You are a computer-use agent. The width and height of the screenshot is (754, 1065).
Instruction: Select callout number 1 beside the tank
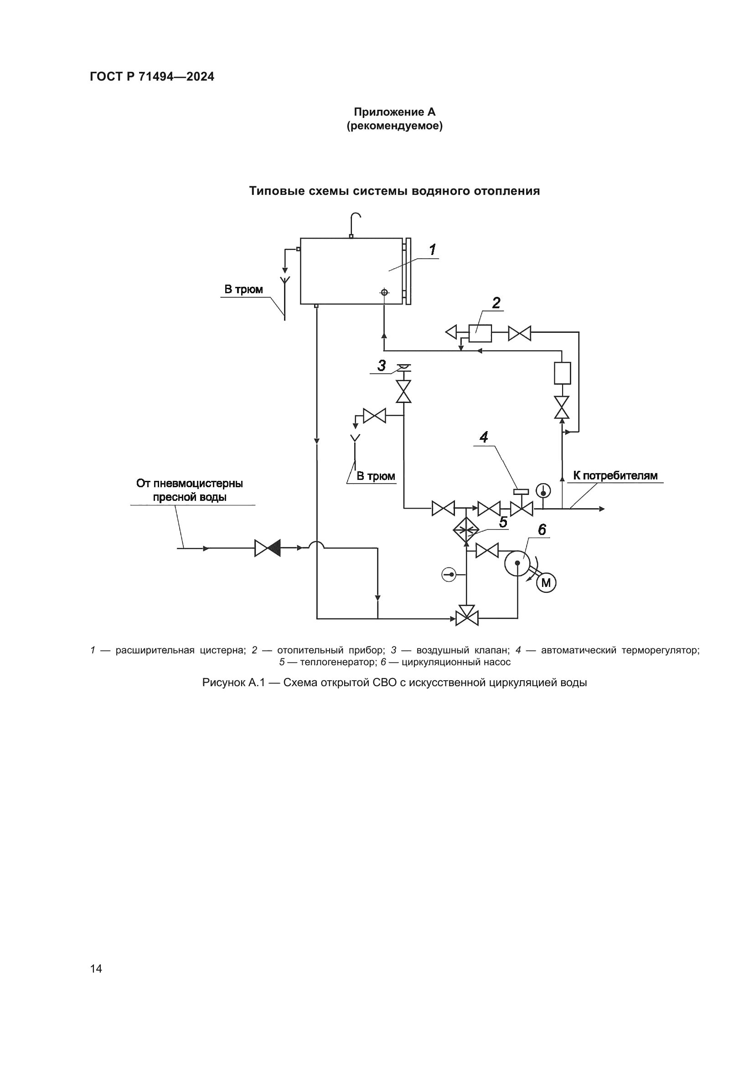tap(432, 250)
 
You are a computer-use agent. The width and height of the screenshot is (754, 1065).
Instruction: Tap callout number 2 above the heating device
tap(496, 303)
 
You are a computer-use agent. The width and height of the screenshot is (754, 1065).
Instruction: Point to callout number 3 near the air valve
tap(382, 366)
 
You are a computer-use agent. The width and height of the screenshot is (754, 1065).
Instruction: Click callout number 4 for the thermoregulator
tap(484, 437)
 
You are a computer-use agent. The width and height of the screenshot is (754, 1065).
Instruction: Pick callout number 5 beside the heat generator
tap(503, 522)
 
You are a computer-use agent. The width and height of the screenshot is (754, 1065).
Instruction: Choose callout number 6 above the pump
tap(542, 530)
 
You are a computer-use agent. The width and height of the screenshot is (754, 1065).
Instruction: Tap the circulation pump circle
tap(517, 563)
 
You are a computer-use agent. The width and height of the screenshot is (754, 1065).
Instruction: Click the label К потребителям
tap(615, 475)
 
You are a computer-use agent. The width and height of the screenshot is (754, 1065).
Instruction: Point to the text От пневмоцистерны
tap(190, 484)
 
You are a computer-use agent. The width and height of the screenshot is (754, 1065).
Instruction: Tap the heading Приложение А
tap(395, 112)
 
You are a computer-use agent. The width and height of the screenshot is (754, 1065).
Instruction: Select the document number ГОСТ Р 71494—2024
tap(152, 77)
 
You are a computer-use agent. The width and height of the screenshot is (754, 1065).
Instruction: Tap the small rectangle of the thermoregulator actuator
tap(521, 492)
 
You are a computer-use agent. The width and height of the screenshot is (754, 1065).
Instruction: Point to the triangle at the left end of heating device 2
tap(451, 332)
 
